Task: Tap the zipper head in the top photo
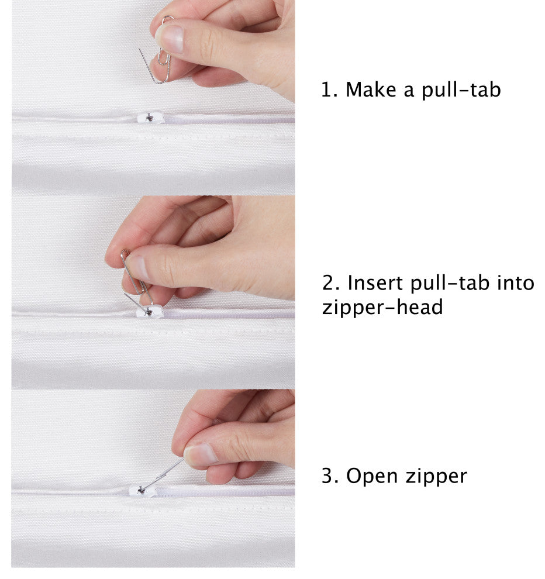tap(150, 118)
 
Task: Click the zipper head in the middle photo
tap(150, 312)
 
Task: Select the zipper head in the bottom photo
tap(143, 490)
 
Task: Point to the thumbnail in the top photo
tap(170, 39)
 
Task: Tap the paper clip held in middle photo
tap(135, 281)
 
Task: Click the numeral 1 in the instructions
tap(327, 89)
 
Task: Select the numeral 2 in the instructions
tap(329, 283)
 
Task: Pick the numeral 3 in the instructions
tap(328, 476)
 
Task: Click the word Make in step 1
tap(370, 89)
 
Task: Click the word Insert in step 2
tap(375, 283)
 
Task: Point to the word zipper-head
tap(382, 307)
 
